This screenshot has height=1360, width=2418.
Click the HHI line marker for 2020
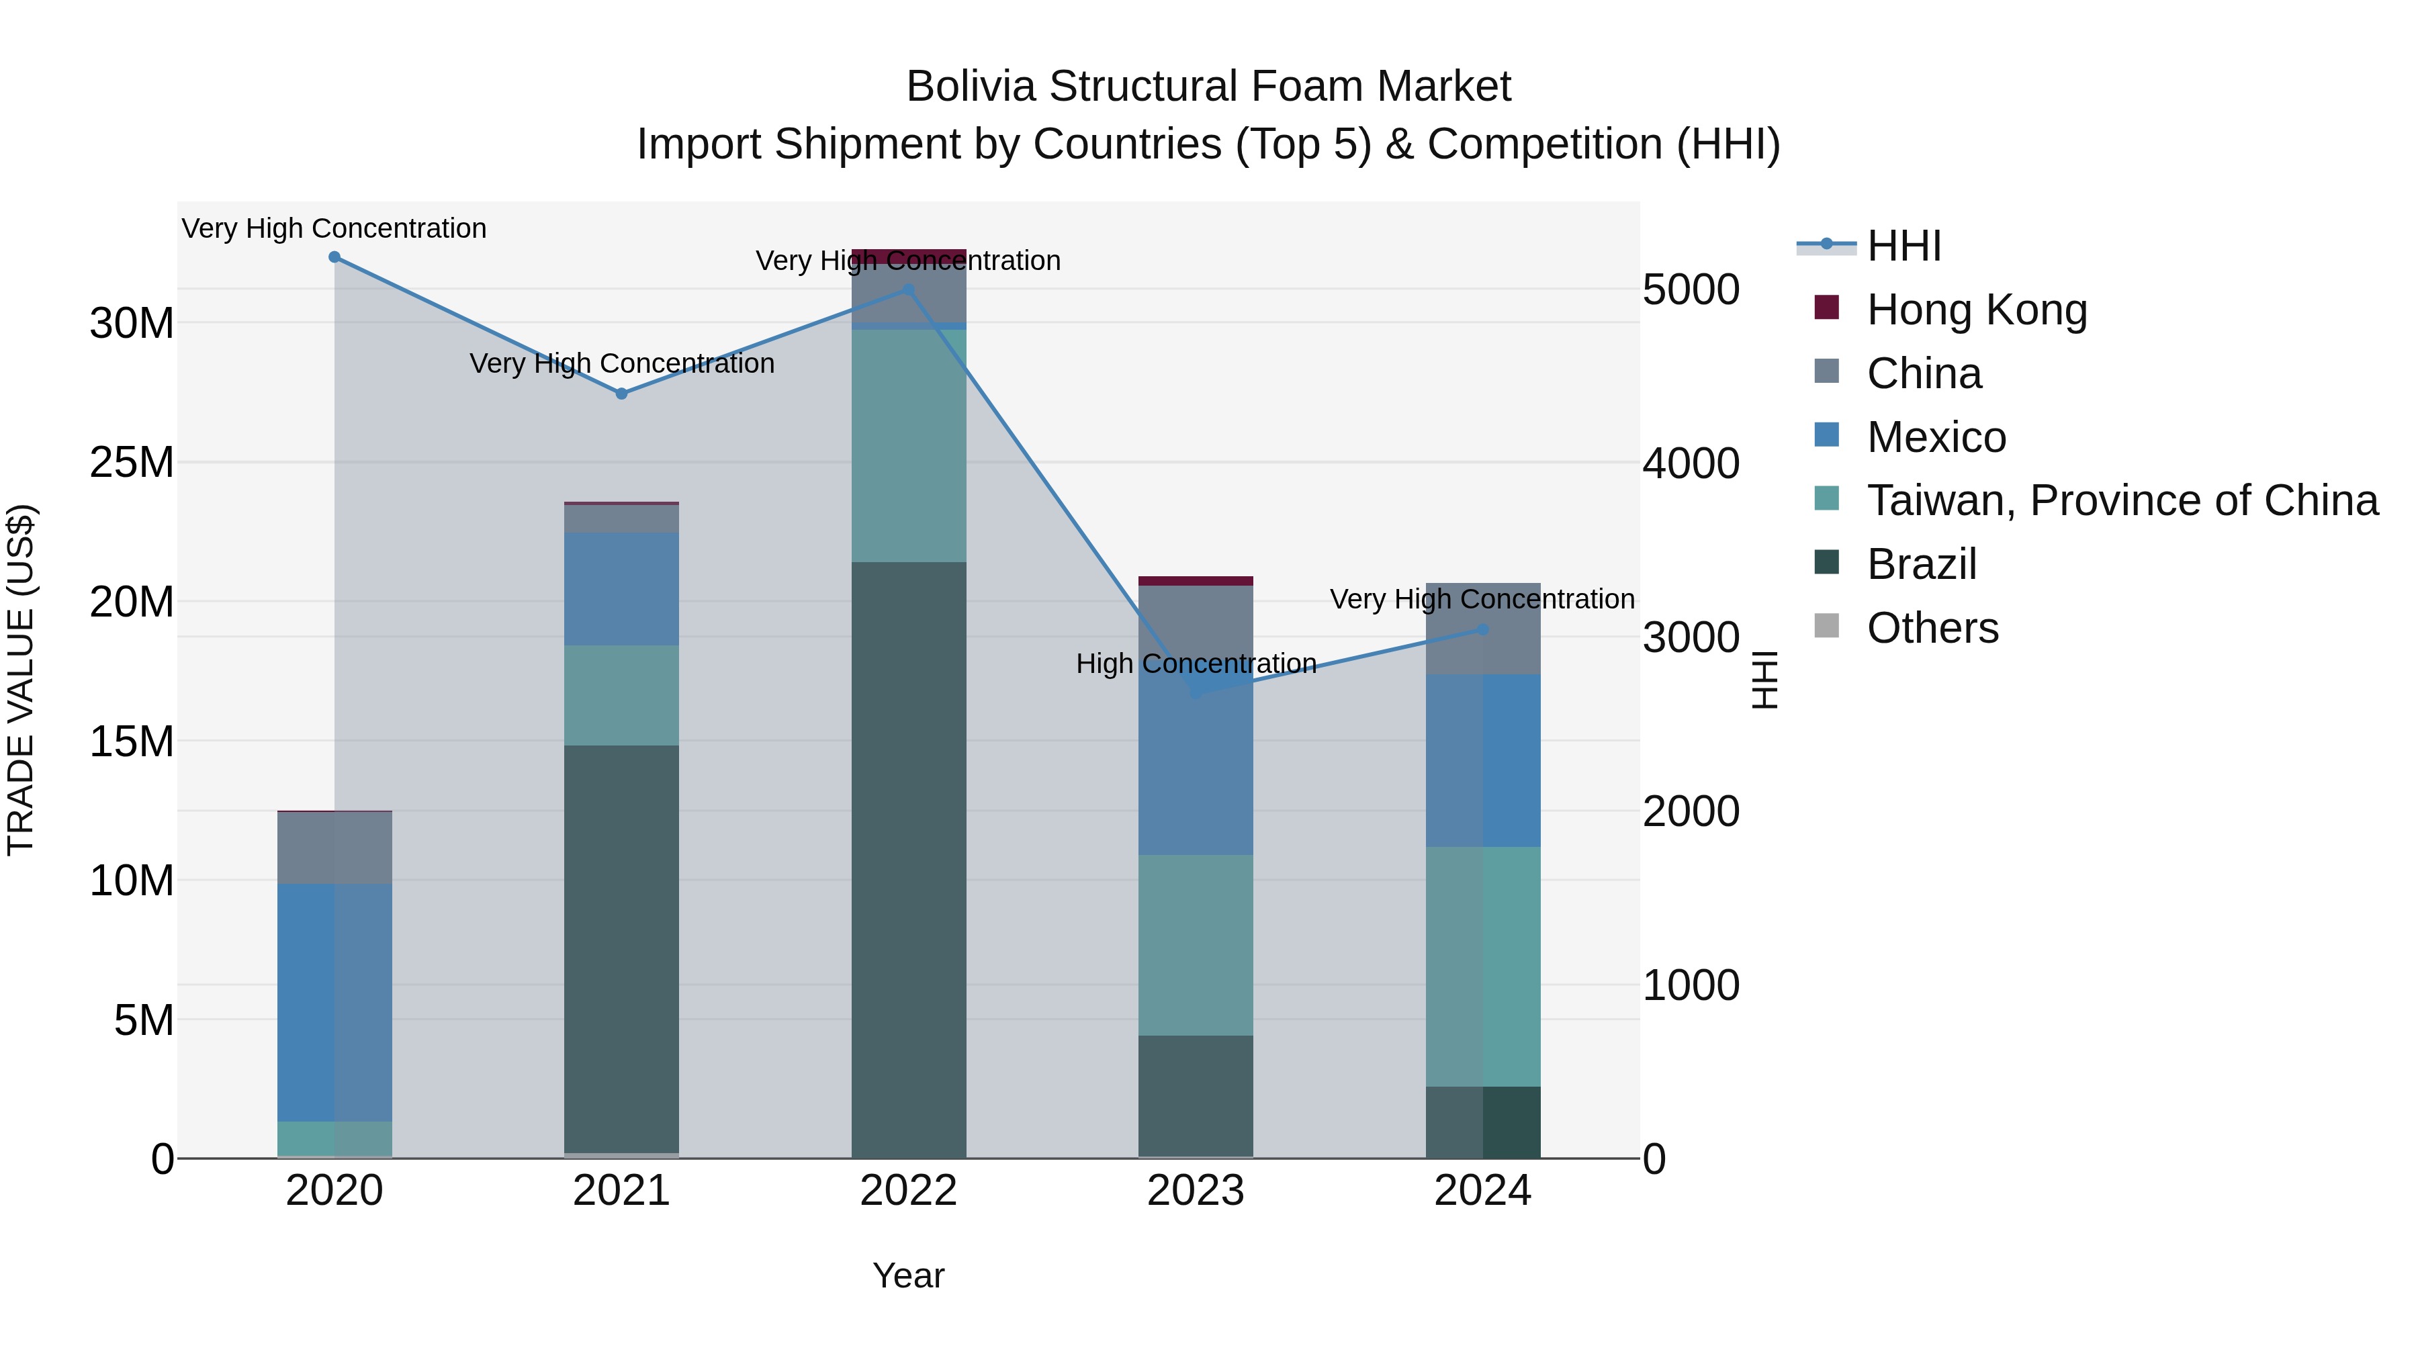pyautogui.click(x=334, y=257)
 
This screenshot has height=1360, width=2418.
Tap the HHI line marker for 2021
pyautogui.click(x=621, y=394)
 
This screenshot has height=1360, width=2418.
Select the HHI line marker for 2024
pyautogui.click(x=1483, y=630)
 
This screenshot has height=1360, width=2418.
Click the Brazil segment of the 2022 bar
pyautogui.click(x=909, y=859)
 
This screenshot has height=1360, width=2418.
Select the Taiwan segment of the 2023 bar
pyautogui.click(x=1196, y=944)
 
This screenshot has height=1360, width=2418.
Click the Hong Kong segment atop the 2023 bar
pyautogui.click(x=1196, y=581)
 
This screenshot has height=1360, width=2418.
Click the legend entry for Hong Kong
pyautogui.click(x=1976, y=310)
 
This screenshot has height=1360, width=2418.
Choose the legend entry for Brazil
pyautogui.click(x=1922, y=564)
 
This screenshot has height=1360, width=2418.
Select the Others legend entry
pyautogui.click(x=1932, y=628)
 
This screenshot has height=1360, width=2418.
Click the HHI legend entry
pyautogui.click(x=1904, y=246)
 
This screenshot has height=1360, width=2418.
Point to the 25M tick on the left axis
pyautogui.click(x=132, y=463)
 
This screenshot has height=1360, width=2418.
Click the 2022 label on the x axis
pyautogui.click(x=909, y=1191)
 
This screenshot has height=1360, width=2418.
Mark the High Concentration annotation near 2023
pyautogui.click(x=1196, y=664)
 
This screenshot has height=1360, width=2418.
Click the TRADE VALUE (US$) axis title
pyautogui.click(x=21, y=680)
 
